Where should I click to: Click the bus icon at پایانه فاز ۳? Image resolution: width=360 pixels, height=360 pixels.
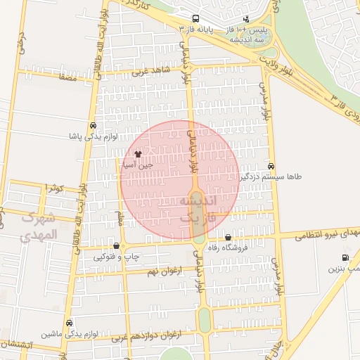[195, 20]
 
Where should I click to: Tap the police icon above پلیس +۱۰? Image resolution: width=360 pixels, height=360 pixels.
[246, 19]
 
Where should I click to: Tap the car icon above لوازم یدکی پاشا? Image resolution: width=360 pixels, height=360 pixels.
[94, 125]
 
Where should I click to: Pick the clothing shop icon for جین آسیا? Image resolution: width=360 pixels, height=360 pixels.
[137, 153]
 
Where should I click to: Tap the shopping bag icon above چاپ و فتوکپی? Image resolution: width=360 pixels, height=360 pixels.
[117, 245]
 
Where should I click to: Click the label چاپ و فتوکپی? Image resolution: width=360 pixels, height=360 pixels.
[117, 257]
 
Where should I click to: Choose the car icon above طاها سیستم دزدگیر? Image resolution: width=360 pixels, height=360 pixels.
[271, 167]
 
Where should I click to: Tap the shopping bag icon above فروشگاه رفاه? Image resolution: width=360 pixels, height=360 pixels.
[228, 237]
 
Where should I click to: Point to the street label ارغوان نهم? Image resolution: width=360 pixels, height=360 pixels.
[164, 271]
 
